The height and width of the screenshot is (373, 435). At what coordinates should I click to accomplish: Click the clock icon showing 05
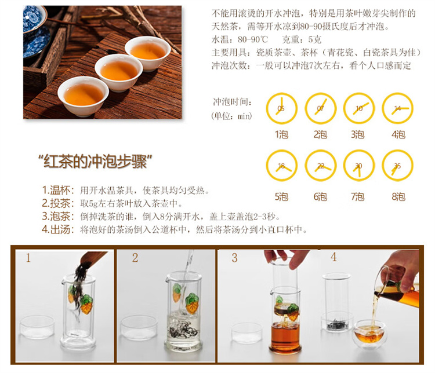[281, 108]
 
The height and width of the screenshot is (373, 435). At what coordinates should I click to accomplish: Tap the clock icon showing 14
[398, 108]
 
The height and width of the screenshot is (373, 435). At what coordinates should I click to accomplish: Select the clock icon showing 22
[320, 166]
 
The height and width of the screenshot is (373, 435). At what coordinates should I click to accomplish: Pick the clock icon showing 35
[398, 166]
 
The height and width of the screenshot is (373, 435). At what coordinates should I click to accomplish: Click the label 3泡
[358, 135]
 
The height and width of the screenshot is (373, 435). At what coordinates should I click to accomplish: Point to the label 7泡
[358, 197]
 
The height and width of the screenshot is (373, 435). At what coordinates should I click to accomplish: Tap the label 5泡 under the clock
[281, 197]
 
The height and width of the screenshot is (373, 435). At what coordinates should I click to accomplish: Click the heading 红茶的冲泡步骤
[95, 162]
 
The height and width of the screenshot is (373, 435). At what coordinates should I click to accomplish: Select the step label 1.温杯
[58, 191]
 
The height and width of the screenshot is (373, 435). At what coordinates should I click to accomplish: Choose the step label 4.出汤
[58, 229]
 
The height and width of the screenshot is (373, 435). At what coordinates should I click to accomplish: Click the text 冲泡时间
[232, 102]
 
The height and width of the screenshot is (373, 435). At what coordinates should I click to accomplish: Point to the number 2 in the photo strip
[135, 258]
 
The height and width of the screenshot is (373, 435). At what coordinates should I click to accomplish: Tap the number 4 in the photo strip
[333, 257]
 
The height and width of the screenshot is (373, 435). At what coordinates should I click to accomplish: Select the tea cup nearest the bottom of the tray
[83, 96]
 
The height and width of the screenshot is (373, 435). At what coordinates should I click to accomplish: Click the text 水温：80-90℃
[240, 39]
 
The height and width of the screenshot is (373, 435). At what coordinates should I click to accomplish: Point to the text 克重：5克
[302, 39]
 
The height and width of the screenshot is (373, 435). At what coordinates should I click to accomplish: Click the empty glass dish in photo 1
[37, 327]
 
